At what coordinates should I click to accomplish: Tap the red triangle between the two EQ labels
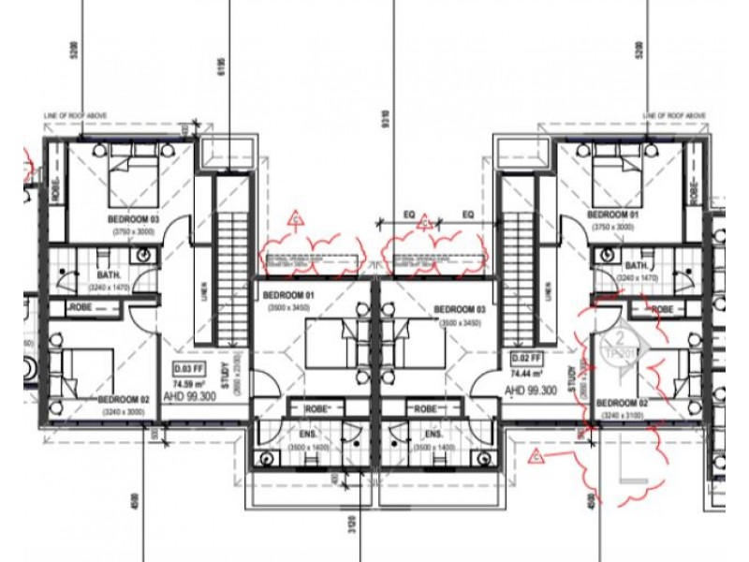(x=424, y=222)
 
